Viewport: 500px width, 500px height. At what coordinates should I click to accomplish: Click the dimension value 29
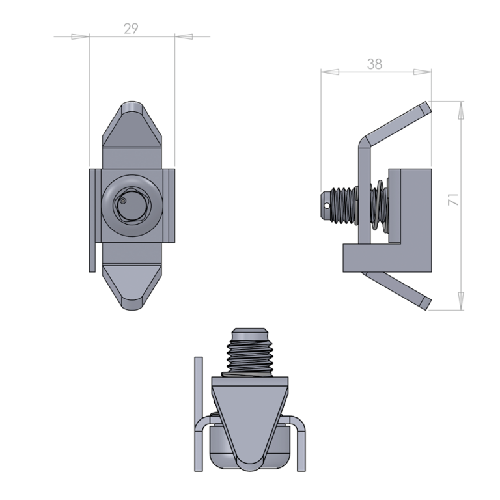131,29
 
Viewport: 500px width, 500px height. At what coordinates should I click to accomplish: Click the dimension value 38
374,64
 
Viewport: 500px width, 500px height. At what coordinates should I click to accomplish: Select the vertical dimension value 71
453,199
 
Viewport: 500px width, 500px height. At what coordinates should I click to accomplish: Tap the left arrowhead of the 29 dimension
80,36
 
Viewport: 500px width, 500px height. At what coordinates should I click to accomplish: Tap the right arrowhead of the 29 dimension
184,36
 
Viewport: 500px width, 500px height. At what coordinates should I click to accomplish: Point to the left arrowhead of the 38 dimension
329,72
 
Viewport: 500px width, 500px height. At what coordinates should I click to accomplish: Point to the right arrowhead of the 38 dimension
423,72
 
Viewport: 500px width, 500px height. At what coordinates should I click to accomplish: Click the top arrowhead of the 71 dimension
461,110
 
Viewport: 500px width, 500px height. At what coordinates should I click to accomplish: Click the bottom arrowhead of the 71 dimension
461,301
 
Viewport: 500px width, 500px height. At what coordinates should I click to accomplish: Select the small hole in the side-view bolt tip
327,206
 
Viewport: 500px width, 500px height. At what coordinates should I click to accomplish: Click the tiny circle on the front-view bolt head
123,201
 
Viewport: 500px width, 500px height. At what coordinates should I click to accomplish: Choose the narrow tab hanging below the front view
92,258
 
